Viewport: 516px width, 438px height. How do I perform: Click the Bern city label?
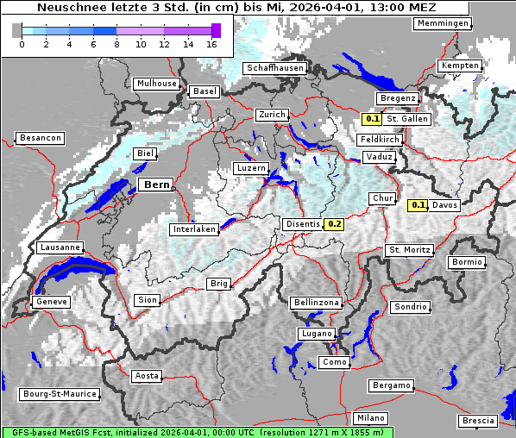(157, 185)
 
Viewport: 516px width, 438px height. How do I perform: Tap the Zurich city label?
(271, 115)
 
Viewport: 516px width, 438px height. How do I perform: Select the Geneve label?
(50, 302)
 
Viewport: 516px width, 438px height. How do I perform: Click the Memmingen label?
(443, 23)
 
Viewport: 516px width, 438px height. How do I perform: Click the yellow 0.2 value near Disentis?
(335, 224)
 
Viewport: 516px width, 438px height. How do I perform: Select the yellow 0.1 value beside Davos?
(418, 205)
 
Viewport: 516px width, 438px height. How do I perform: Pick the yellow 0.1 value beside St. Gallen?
(372, 119)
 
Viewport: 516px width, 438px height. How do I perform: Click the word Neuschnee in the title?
(67, 8)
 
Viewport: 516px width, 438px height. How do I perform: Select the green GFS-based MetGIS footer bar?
(197, 432)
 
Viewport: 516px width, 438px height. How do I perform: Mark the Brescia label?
(478, 421)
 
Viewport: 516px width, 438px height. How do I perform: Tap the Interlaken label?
(193, 229)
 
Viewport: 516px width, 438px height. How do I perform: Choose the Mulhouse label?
(156, 84)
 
